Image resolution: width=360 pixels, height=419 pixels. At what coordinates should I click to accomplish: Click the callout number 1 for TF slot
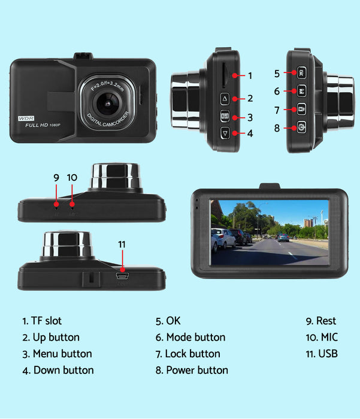tap(250, 76)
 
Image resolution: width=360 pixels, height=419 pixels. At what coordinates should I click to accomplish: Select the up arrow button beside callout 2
tap(225, 99)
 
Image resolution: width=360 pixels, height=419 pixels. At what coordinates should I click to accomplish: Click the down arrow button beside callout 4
tap(225, 133)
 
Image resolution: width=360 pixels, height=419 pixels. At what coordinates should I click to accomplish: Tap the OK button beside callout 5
tap(301, 74)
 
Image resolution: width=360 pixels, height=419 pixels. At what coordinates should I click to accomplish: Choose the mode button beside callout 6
tap(301, 92)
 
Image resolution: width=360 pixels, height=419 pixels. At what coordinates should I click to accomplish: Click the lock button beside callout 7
tap(301, 110)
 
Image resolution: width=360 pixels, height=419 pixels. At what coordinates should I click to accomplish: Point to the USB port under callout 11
tap(123, 276)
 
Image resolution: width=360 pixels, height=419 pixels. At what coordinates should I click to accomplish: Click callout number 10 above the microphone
tap(72, 177)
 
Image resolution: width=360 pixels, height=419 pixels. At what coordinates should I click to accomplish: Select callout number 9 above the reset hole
tap(56, 177)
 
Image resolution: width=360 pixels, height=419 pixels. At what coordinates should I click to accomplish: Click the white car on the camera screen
tap(223, 238)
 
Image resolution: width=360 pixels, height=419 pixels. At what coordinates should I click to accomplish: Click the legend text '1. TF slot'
tap(42, 321)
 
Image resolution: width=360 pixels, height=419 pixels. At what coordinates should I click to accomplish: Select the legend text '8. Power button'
tap(192, 370)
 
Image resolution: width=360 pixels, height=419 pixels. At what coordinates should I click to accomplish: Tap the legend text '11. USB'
tap(322, 354)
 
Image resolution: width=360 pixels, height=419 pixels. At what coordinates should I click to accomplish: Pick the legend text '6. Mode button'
tap(190, 338)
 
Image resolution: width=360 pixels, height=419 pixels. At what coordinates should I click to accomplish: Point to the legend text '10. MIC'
tap(322, 338)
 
